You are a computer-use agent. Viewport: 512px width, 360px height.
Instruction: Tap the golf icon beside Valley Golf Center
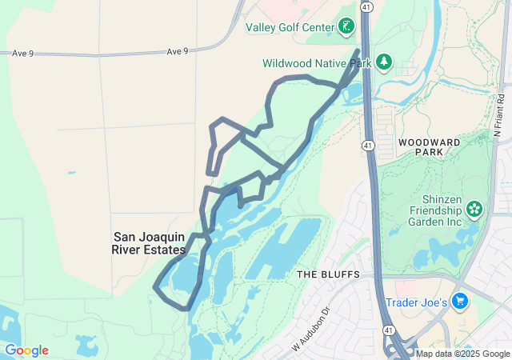pos(346,27)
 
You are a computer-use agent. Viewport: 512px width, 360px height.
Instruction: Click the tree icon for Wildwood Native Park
pos(384,62)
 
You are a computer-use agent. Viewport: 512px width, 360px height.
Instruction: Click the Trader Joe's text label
pos(414,302)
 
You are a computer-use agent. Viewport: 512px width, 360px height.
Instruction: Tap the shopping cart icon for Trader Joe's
pos(459,302)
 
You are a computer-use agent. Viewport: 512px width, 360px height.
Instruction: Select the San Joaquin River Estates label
pos(149,243)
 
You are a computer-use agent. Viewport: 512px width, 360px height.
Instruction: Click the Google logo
pos(26,350)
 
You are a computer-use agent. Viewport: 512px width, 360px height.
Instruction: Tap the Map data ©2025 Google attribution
pos(462,354)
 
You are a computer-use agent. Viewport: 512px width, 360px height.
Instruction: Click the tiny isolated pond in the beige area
pos(72,172)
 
